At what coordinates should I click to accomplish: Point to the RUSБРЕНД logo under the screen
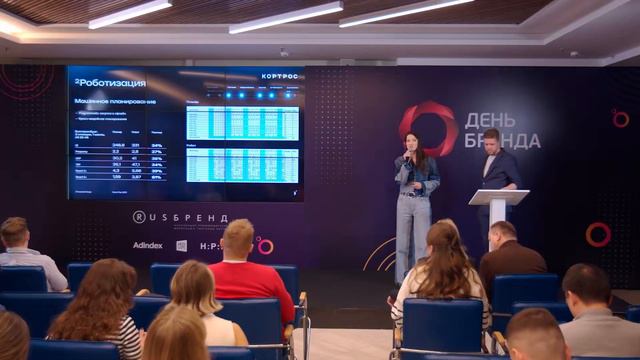[181, 217]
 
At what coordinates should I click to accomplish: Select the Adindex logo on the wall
[148, 245]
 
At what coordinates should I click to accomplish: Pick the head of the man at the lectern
[491, 141]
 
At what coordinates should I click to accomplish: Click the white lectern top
[498, 196]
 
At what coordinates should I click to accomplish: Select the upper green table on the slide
[242, 123]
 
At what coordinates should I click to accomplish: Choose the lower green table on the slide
[242, 165]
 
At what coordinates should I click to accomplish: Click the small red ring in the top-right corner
[620, 118]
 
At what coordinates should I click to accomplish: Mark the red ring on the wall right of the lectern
[598, 234]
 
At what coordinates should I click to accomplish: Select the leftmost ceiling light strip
[129, 13]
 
